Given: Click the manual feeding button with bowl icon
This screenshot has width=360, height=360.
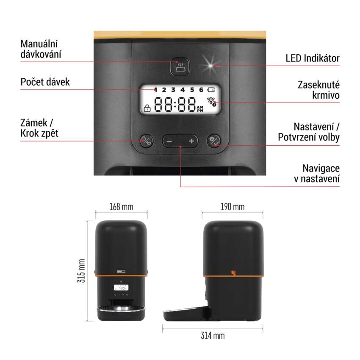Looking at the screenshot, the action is pyautogui.click(x=180, y=66).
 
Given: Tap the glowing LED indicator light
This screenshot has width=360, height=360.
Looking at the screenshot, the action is pyautogui.click(x=210, y=66).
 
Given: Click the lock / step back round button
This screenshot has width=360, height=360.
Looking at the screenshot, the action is pyautogui.click(x=147, y=141).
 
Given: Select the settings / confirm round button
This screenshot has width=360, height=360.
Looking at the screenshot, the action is pyautogui.click(x=214, y=141).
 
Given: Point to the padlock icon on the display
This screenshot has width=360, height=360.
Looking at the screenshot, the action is pyautogui.click(x=147, y=108).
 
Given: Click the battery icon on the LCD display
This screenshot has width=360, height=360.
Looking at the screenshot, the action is pyautogui.click(x=211, y=89).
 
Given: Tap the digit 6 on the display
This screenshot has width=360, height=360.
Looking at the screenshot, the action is pyautogui.click(x=201, y=90).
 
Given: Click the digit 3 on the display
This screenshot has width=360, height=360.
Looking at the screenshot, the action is pyautogui.click(x=173, y=90).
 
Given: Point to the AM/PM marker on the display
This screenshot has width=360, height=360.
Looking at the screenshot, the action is pyautogui.click(x=200, y=109).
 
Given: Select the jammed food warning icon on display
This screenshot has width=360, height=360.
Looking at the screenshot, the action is pyautogui.click(x=211, y=102).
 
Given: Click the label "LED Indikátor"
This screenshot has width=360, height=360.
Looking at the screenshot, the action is pyautogui.click(x=313, y=58).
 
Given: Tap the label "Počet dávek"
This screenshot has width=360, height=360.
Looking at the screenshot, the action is pyautogui.click(x=45, y=82).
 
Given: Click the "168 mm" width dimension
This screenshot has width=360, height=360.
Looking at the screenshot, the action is pyautogui.click(x=121, y=207).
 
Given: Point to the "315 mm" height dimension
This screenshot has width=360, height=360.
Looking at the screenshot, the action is pyautogui.click(x=82, y=271).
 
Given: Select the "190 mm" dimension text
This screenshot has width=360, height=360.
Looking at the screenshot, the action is pyautogui.click(x=233, y=207).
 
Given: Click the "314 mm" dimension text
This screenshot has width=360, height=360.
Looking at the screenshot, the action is pyautogui.click(x=213, y=336).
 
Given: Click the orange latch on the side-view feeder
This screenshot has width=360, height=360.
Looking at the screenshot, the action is pyautogui.click(x=233, y=273).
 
